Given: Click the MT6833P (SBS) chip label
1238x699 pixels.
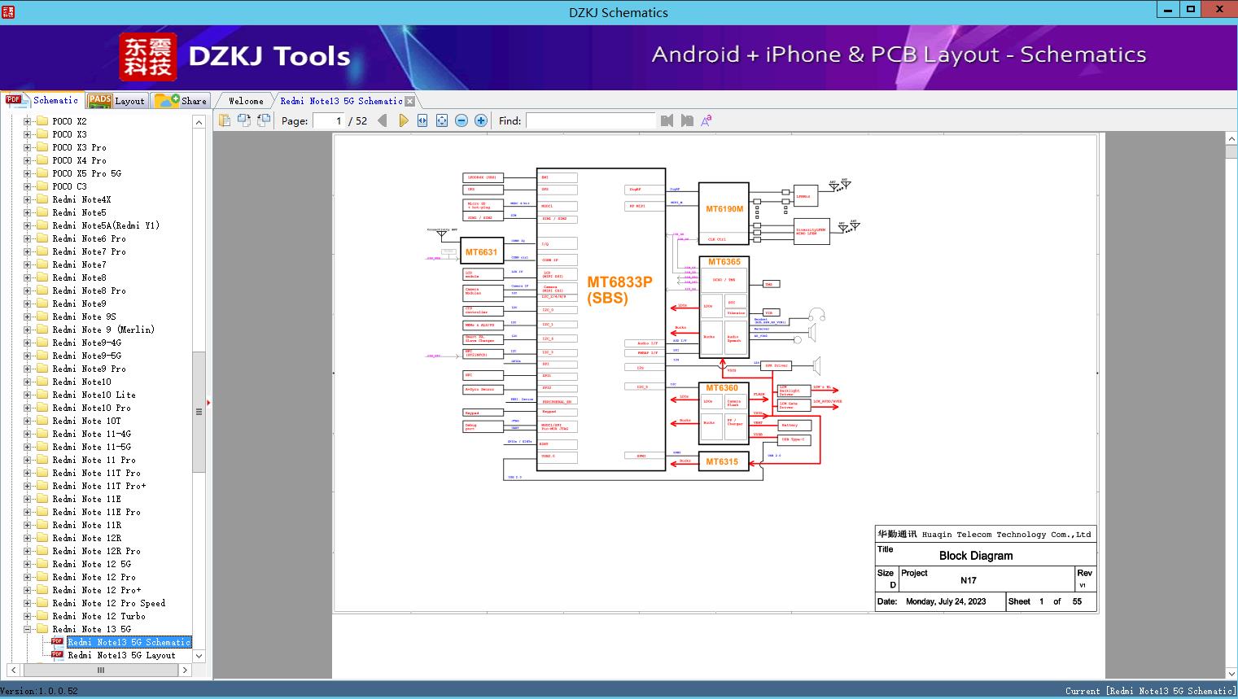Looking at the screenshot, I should (619, 290).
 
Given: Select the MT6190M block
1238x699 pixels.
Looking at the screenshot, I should (724, 209).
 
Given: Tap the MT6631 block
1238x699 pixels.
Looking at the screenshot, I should (481, 252).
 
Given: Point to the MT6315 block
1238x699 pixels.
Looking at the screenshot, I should (722, 461).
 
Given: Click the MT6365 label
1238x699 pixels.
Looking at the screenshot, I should (724, 262).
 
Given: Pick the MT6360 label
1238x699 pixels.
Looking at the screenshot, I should (722, 388).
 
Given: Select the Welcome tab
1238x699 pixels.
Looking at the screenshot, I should (246, 101).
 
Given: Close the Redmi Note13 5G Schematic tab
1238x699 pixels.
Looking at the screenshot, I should (410, 102).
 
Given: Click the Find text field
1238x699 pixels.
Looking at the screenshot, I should (590, 120).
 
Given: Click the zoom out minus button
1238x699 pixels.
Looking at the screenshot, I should (462, 120).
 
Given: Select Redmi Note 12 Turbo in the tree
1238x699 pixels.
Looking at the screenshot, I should (98, 616).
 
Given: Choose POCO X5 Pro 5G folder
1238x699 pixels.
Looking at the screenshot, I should (86, 173).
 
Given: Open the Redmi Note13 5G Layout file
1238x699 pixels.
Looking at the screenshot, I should (121, 655).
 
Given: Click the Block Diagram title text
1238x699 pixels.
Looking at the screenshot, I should (976, 556).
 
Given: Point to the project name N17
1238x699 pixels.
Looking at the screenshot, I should (968, 580).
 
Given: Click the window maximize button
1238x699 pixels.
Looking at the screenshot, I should (1191, 10).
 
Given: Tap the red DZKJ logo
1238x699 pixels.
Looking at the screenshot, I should (147, 57).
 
